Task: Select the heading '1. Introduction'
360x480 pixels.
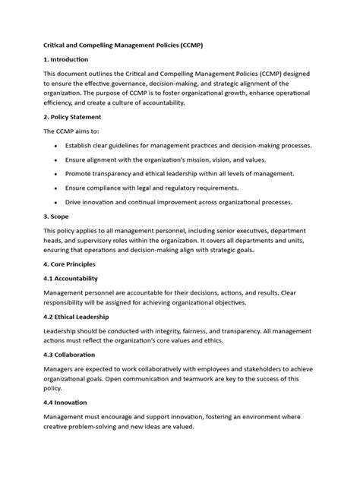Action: (66, 59)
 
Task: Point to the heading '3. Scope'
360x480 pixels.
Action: (59, 216)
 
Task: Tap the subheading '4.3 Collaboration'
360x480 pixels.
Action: (74, 354)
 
